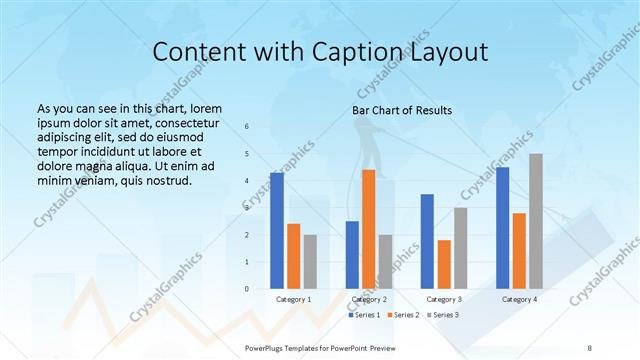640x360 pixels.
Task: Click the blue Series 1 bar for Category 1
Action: (277, 231)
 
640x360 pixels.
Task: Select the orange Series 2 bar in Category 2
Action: (368, 229)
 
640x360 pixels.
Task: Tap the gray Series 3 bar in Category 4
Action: (536, 221)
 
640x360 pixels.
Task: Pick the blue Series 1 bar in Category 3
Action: (427, 241)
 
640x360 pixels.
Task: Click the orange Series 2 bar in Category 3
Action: (444, 264)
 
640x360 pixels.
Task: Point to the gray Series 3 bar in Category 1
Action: (310, 262)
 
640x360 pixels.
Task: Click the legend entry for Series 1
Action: (363, 315)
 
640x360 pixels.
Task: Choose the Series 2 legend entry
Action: (403, 315)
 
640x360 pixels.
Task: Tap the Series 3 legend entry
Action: (444, 315)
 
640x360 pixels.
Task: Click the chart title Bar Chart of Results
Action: (402, 110)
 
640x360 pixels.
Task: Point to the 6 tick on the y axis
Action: (247, 127)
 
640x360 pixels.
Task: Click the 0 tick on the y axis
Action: (247, 289)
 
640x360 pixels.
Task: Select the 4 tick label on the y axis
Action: (247, 181)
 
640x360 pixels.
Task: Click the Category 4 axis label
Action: (519, 299)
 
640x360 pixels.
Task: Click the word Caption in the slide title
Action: (341, 53)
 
